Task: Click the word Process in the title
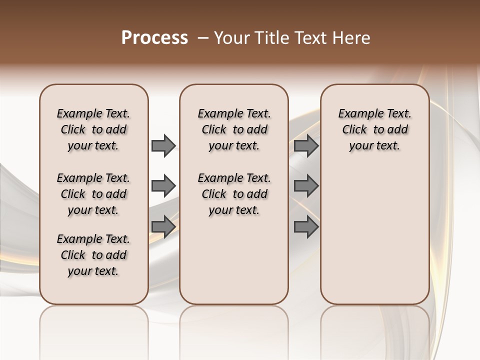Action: click(x=154, y=37)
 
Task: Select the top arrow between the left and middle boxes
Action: click(x=163, y=145)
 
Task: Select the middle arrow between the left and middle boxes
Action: click(x=163, y=186)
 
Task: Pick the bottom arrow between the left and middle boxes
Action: click(x=163, y=226)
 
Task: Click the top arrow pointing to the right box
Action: click(x=306, y=145)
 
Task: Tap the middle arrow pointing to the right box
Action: click(x=306, y=186)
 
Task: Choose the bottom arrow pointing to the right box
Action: click(x=306, y=226)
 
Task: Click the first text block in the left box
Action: click(x=93, y=129)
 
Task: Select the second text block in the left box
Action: click(x=93, y=194)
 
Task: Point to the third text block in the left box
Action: click(x=93, y=255)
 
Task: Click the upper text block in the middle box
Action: click(x=234, y=129)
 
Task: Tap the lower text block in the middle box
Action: click(x=234, y=194)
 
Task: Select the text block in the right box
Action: click(x=374, y=129)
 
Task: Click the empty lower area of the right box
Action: click(x=374, y=235)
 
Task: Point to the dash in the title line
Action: click(x=203, y=37)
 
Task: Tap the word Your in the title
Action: click(x=231, y=37)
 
